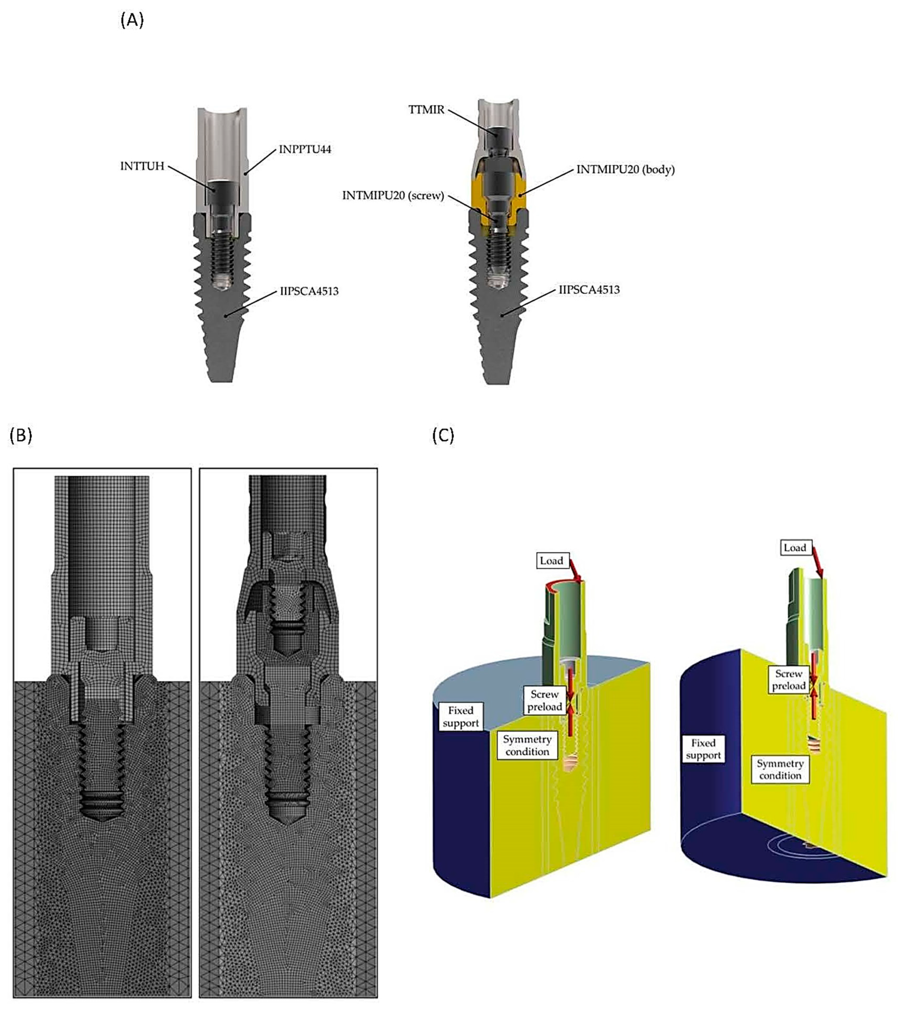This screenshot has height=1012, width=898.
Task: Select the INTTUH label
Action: tap(142, 166)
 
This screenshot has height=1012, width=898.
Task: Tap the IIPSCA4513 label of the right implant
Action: tap(589, 290)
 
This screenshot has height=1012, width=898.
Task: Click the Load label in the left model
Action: tap(551, 560)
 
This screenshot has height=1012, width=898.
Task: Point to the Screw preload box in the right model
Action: tap(789, 680)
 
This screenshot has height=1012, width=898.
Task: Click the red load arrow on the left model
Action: tap(576, 570)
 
